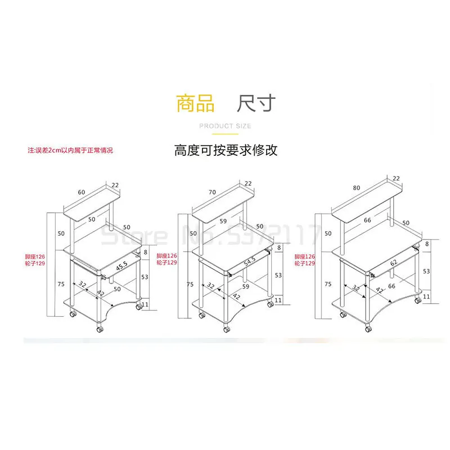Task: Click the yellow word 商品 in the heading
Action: (x=195, y=104)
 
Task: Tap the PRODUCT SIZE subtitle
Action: (x=225, y=126)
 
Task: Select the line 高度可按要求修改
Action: (x=226, y=151)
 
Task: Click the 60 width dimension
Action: (x=82, y=192)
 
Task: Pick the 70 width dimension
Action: (x=212, y=192)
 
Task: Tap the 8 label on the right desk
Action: (x=426, y=244)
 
